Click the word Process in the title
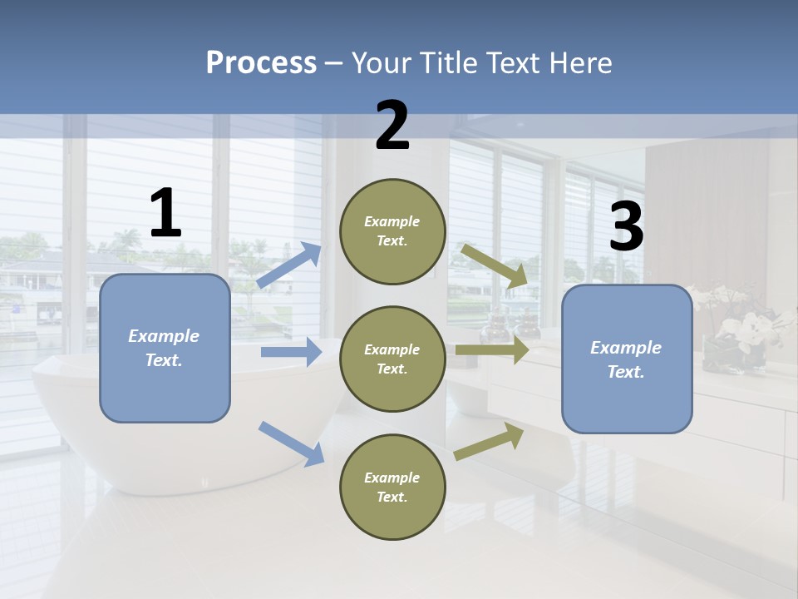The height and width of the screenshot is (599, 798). [261, 63]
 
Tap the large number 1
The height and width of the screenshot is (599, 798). [165, 214]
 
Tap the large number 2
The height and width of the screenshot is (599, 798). [392, 126]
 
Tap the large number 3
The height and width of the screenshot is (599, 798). [626, 227]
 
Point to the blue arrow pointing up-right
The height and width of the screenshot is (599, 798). [289, 265]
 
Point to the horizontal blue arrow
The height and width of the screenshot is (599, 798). [291, 352]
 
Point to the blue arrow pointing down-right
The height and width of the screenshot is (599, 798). [291, 443]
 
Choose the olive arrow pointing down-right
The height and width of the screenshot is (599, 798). [495, 265]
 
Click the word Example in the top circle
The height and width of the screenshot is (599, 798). [392, 221]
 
